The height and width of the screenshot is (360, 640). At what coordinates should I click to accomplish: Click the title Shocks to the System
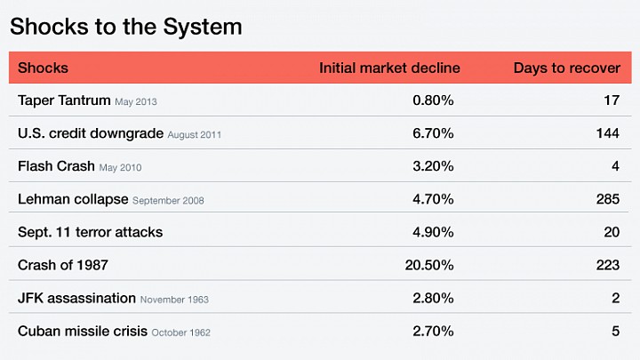125,28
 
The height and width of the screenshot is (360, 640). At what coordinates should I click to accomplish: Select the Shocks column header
43,68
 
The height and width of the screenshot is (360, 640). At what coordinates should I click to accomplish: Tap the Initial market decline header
389,68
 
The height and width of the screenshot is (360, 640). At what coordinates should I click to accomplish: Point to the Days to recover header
566,68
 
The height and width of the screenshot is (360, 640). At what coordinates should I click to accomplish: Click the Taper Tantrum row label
64,100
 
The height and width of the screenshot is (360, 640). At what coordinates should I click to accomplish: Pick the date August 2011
195,135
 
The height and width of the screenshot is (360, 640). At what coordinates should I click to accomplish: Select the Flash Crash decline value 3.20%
433,166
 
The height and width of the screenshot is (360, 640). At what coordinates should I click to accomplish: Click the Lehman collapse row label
73,200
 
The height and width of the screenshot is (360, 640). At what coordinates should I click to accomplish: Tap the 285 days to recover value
608,199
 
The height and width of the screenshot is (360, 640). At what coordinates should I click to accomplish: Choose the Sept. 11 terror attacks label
90,232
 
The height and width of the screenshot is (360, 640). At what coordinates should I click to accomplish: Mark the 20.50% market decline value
429,265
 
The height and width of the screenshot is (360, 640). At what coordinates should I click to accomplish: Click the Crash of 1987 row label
63,265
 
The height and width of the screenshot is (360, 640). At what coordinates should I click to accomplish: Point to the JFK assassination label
76,299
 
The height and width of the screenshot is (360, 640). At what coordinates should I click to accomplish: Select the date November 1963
174,300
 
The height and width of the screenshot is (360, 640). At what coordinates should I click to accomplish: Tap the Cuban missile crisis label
83,331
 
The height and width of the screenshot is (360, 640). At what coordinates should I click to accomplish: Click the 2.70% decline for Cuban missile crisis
433,331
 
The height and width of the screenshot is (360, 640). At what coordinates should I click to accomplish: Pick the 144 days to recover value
608,133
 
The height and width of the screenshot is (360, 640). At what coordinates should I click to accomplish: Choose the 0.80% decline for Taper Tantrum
433,100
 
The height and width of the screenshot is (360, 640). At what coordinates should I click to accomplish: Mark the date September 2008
168,201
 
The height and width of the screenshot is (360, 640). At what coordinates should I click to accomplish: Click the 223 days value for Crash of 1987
608,265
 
